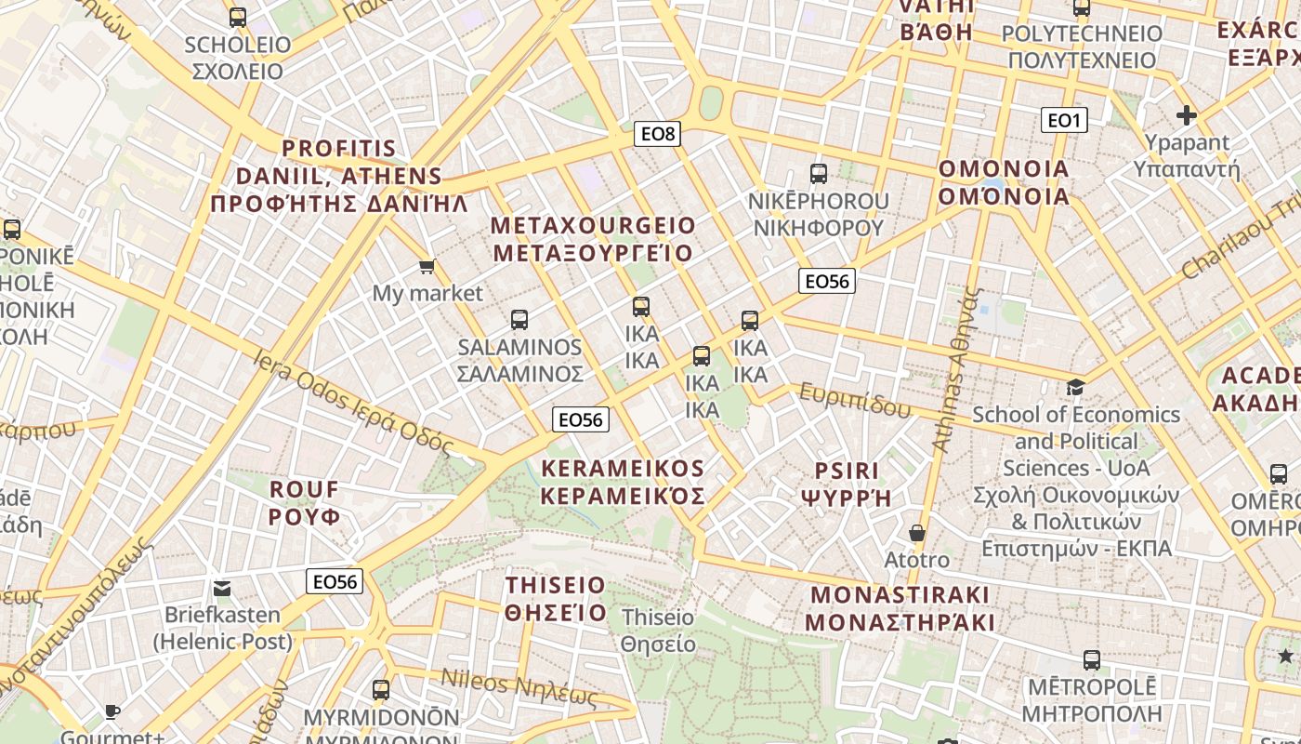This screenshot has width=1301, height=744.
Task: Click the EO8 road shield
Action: [658, 134]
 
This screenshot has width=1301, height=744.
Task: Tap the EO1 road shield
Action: [1064, 120]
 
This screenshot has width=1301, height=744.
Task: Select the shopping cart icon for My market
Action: [427, 268]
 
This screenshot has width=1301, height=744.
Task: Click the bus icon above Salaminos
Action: [519, 320]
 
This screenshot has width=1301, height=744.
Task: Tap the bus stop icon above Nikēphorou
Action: [818, 173]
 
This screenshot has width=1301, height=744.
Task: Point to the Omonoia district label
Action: [1004, 182]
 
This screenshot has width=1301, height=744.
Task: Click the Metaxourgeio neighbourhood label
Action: [593, 239]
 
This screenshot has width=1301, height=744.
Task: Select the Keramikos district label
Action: [623, 482]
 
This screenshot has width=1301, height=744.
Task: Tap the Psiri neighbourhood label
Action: [846, 484]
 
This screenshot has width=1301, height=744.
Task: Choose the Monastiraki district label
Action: [900, 608]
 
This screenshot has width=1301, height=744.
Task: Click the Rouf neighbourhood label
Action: [305, 502]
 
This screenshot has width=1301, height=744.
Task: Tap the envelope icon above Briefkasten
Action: [222, 588]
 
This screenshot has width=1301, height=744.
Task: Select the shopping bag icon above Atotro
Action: [917, 533]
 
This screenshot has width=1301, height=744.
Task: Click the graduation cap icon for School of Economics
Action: [1075, 387]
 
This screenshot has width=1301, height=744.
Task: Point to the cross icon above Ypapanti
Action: [1186, 115]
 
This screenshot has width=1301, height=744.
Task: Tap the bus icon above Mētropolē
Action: [1092, 660]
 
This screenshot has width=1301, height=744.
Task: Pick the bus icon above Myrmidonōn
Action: [381, 690]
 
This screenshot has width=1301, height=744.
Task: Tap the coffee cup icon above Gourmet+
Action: [112, 712]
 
